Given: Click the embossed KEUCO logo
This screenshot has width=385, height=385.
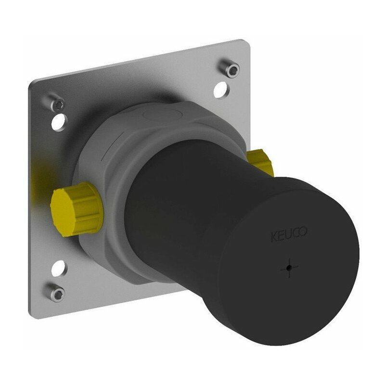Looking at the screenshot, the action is pyautogui.click(x=289, y=234).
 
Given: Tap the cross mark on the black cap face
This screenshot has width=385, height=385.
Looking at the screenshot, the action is pyautogui.click(x=290, y=268).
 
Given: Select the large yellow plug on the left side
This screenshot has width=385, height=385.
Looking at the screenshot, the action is pyautogui.click(x=77, y=209).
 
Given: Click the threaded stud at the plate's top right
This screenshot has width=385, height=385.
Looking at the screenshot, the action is pyautogui.click(x=229, y=68).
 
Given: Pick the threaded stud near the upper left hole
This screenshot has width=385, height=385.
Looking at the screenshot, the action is pyautogui.click(x=56, y=103).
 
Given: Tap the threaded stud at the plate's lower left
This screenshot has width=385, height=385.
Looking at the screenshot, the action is pyautogui.click(x=56, y=292).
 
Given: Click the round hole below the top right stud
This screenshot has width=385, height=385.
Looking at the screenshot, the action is pyautogui.click(x=220, y=90).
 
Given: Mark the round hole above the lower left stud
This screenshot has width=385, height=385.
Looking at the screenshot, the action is pyautogui.click(x=58, y=269).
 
